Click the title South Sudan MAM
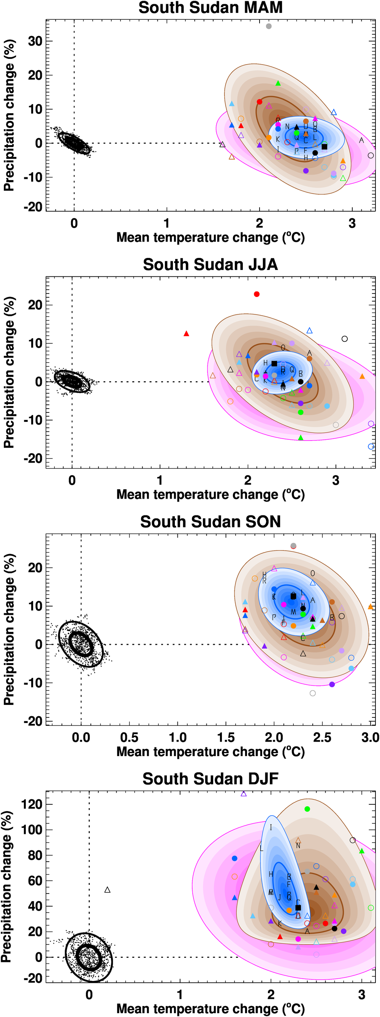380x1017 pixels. point(210,8)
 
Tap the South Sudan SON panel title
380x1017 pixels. point(210,521)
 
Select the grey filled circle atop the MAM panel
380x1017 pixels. point(269,27)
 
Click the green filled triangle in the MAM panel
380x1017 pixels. point(278,83)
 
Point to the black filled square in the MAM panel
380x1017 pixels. point(324,147)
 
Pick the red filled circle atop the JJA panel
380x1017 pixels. point(257,294)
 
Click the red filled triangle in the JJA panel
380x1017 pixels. point(187,333)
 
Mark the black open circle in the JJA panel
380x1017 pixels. point(344,339)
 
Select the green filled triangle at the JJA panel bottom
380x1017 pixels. point(300,438)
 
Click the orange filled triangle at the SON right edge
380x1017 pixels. point(370,607)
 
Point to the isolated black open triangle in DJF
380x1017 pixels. point(107,890)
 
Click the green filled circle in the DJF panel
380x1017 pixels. point(307,809)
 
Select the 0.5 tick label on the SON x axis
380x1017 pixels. point(129,737)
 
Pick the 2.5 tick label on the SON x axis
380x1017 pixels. point(322,737)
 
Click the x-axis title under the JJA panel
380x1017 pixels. point(210,494)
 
